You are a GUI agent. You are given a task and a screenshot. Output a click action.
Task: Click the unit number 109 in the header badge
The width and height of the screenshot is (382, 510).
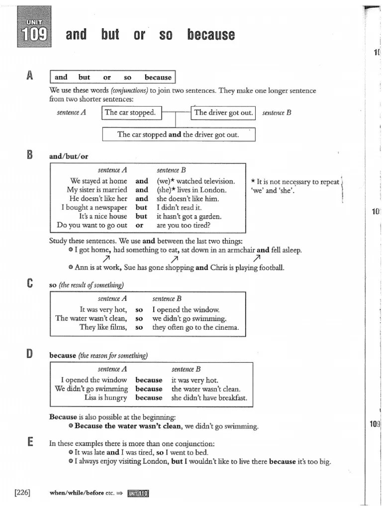coord(34,34)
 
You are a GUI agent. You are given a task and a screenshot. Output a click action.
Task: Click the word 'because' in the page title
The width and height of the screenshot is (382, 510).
coord(211,34)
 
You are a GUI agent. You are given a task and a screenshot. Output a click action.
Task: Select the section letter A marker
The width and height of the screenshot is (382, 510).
coord(30,76)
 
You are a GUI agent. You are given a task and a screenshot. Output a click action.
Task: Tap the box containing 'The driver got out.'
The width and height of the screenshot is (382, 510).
coord(223,113)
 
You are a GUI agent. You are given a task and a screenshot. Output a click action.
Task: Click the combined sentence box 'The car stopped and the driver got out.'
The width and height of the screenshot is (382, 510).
coord(178,134)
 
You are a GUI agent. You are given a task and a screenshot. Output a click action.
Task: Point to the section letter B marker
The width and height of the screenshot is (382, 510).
coord(30,155)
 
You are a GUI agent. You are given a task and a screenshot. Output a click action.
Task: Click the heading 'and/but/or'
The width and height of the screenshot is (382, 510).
coord(69,156)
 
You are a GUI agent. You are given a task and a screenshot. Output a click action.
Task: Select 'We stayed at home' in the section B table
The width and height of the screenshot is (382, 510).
coord(98,181)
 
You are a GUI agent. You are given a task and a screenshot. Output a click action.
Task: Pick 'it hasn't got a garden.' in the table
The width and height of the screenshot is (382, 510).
coord(189,217)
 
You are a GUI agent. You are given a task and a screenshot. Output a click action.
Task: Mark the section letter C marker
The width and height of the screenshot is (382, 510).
coord(30,284)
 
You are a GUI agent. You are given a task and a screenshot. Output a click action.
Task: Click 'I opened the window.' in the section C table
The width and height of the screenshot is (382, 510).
coord(186,309)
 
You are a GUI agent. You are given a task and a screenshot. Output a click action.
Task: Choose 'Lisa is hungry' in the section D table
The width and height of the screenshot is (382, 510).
coord(105,398)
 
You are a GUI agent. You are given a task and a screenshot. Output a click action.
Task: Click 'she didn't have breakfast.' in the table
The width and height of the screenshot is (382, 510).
coord(209,398)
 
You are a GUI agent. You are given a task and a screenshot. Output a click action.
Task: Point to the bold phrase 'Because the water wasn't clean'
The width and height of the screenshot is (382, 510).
coord(128,426)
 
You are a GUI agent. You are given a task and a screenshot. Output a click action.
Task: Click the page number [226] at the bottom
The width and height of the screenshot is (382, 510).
coord(22,493)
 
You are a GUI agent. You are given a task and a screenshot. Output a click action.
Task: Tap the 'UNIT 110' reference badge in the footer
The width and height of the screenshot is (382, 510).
coord(138,493)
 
